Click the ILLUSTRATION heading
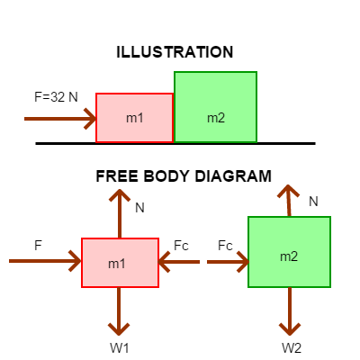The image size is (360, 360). tap(175, 52)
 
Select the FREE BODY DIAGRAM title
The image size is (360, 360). tap(184, 176)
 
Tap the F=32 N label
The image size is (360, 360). tap(56, 97)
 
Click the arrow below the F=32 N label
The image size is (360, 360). tap(60, 119)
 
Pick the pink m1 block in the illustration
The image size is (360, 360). tap(135, 118)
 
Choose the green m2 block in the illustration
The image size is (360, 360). tap(215, 107)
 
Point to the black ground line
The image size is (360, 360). tap(175, 144)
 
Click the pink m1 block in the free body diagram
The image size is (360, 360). tap(120, 263)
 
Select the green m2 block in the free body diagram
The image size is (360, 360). tap(289, 252)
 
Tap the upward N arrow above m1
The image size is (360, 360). tap(120, 213)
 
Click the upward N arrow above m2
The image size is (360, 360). tap(289, 201)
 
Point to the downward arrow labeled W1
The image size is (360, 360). tap(119, 311)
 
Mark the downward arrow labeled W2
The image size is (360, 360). tap(290, 311)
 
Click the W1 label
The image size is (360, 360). tap(120, 348)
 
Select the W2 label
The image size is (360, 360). tap(292, 348)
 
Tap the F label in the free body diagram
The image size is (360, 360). tap(38, 246)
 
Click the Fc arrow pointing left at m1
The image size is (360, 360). tap(179, 262)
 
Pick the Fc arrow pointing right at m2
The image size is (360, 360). tap(228, 262)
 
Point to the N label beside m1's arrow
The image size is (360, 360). tap(139, 208)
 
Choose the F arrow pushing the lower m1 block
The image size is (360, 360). tap(45, 261)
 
